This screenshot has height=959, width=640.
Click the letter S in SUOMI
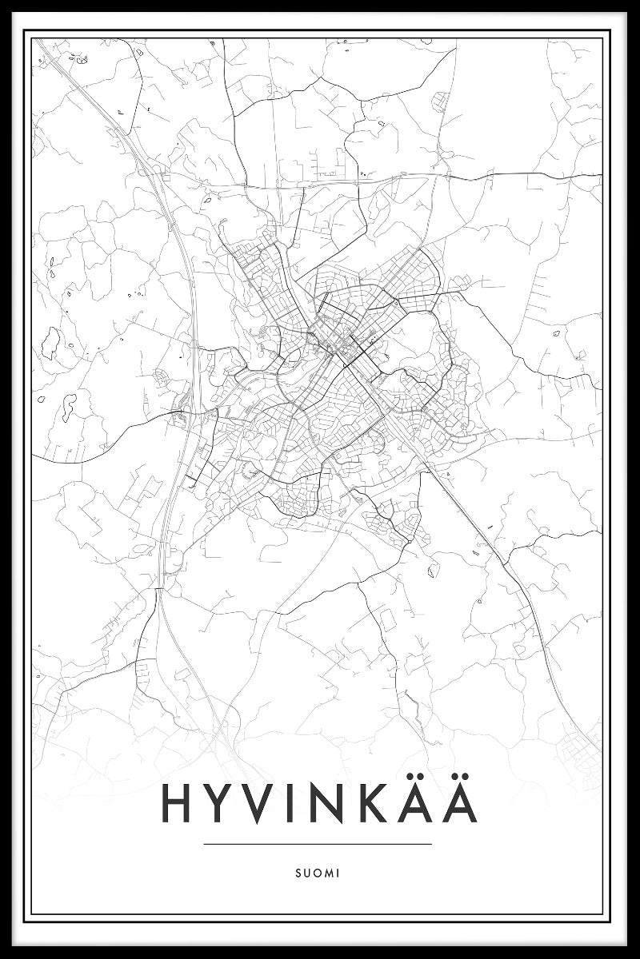(297, 873)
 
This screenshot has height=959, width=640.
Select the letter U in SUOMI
(306, 873)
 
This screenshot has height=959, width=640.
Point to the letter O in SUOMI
(316, 873)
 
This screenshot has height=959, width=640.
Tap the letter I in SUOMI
(338, 873)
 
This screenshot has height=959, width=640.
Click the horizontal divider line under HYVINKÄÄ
(318, 844)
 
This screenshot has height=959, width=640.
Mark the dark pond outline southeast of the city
(433, 570)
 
